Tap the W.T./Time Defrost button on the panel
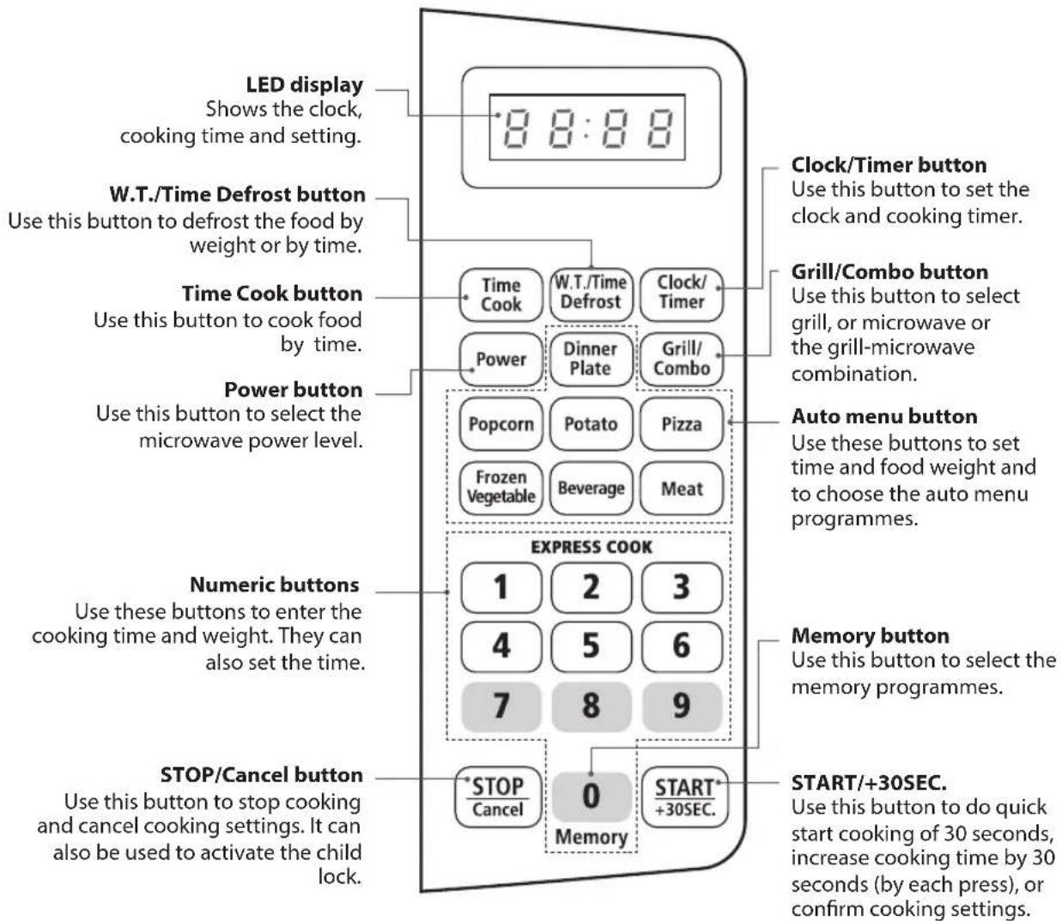(x=591, y=294)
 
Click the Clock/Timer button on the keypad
(x=682, y=294)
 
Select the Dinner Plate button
(x=591, y=359)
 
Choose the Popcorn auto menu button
(x=501, y=424)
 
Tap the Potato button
(x=591, y=424)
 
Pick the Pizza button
(x=682, y=424)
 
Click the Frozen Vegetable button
(x=501, y=488)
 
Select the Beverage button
(x=591, y=488)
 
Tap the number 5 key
(x=592, y=646)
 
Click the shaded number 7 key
(x=501, y=706)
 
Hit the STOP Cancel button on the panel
(x=497, y=797)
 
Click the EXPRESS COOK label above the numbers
(x=592, y=547)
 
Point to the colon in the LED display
(x=587, y=128)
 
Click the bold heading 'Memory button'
(x=870, y=636)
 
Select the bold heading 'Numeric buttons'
(x=275, y=585)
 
